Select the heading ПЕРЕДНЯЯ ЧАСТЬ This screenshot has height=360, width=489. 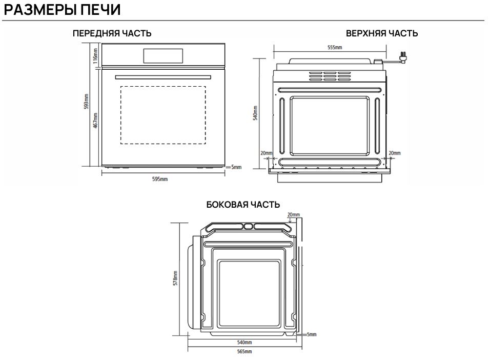click(112, 33)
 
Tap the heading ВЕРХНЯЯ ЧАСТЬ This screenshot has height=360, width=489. click(382, 33)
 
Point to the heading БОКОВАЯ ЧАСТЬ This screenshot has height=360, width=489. click(243, 205)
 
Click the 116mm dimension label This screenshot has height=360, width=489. click(95, 56)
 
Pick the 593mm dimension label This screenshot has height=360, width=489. click(87, 102)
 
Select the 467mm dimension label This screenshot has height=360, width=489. click(95, 121)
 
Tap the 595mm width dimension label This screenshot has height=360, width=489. click(160, 179)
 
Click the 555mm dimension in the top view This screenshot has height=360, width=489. click(335, 47)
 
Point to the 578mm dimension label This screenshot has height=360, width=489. click(176, 278)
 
